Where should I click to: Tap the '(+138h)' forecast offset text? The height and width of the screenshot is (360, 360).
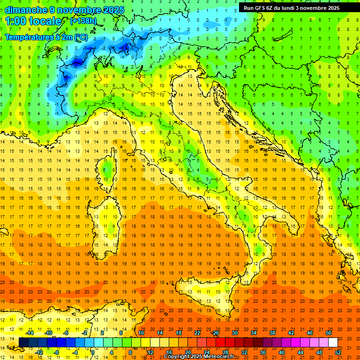coord(83,21)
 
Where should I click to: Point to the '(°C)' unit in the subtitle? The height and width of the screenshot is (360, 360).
coord(80,37)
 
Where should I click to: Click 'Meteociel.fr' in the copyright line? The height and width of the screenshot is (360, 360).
coord(216,357)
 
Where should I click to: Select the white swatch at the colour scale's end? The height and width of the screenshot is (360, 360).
coord(333,343)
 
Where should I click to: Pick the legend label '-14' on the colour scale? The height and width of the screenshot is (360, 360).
coord(29,333)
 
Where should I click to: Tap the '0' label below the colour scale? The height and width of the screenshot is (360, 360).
coord(93,352)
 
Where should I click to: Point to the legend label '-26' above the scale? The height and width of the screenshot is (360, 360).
coord(215,333)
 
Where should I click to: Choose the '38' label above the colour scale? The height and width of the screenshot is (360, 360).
coord(272,333)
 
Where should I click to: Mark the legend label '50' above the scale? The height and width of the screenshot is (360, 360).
coord(329,333)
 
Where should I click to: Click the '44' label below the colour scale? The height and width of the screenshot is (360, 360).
coord(300,352)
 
